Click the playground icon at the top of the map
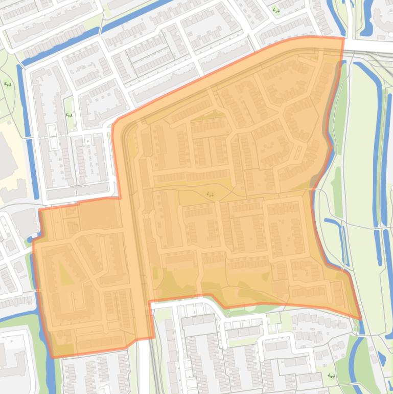tap(276, 10)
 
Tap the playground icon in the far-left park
tap(8, 84)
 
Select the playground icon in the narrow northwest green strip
tap(69, 115)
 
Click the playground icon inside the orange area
tap(210, 194)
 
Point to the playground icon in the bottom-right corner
tap(331, 375)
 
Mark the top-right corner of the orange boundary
tap(342, 38)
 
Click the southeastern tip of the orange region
tap(361, 319)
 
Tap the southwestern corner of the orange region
tap(52, 357)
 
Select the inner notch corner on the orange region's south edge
tap(149, 301)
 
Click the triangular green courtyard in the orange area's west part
tap(65, 274)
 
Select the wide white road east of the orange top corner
tap(368, 47)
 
